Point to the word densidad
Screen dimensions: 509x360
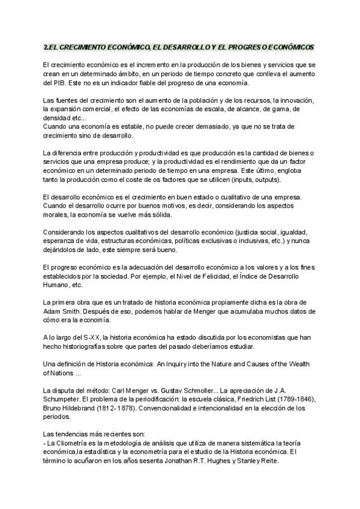tap(57, 119)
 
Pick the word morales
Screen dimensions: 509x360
tap(55, 215)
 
